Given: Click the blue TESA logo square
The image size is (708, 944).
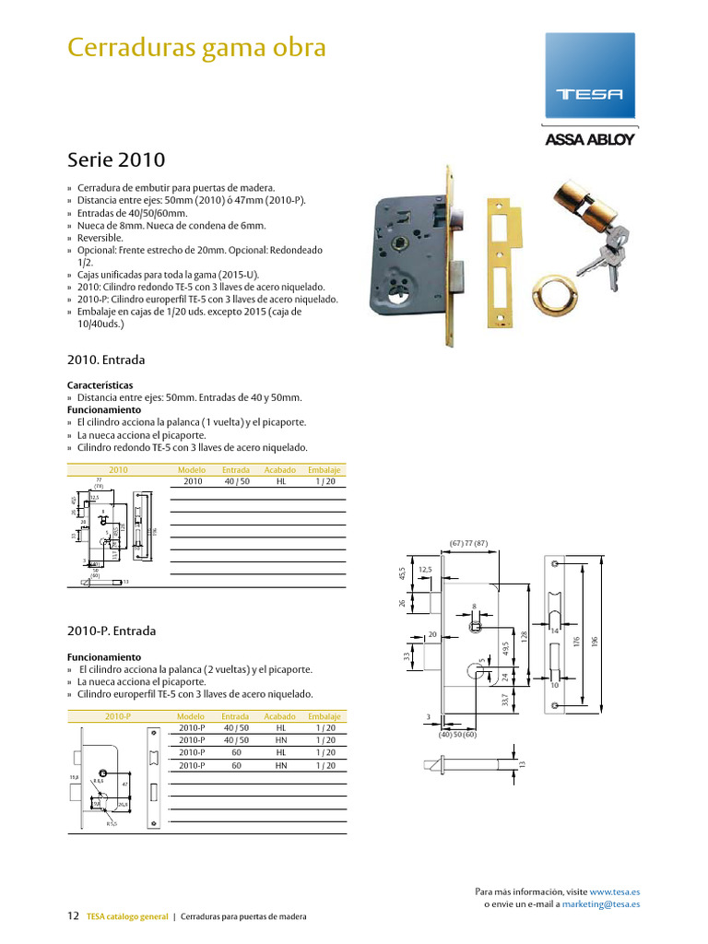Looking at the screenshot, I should (590, 76).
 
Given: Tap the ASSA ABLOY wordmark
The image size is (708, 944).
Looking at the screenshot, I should (590, 140).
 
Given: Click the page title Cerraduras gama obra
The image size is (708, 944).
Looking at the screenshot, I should (196, 47).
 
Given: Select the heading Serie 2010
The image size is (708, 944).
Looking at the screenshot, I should (116, 159).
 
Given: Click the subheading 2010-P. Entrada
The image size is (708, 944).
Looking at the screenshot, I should (112, 631).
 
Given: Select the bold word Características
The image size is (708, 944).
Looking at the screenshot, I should (100, 384).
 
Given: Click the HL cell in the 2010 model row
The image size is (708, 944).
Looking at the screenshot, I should (281, 481).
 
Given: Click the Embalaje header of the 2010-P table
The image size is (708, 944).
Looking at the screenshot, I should (324, 716).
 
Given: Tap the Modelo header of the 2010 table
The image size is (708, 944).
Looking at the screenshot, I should (191, 469).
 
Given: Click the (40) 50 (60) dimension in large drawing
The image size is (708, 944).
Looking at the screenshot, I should (458, 735).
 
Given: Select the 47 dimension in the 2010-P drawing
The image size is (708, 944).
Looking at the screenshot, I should (124, 783).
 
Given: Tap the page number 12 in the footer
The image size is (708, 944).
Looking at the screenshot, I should (73, 916).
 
